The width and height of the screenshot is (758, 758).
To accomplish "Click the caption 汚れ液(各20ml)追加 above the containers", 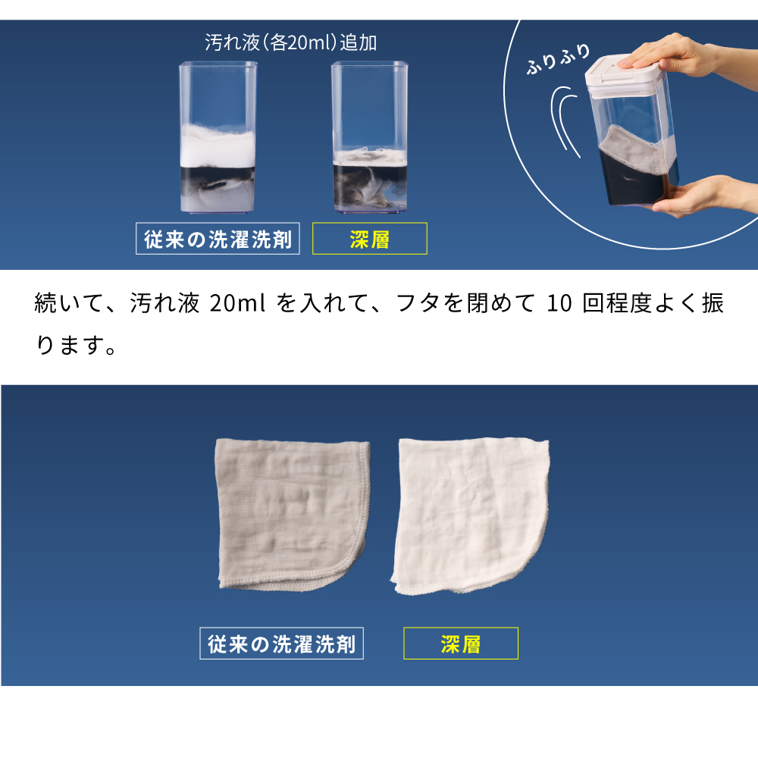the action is click(290, 42).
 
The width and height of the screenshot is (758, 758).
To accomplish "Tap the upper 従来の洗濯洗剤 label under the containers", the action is click(218, 238).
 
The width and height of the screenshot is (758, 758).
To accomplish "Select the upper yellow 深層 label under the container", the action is click(370, 238).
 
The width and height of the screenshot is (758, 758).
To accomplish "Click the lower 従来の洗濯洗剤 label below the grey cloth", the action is click(281, 644).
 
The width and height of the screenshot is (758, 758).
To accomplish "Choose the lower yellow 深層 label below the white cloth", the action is click(461, 644).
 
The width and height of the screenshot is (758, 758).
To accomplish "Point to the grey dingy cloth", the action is click(290, 515).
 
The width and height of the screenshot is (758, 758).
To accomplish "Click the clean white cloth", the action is click(469, 516).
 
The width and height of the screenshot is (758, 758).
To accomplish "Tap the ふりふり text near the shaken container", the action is click(559, 59).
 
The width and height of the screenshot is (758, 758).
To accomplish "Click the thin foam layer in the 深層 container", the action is click(370, 158).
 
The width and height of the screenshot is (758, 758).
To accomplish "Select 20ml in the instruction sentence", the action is click(237, 304).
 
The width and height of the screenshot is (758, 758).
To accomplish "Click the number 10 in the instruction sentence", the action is click(559, 304).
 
